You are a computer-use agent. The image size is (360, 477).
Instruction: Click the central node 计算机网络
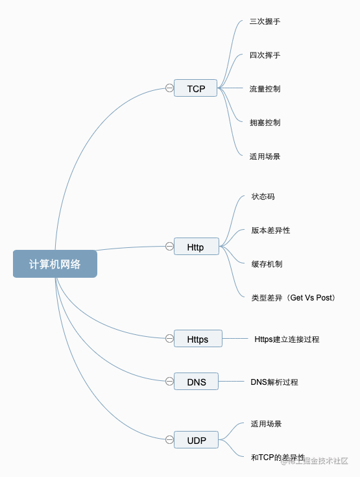point(55,263)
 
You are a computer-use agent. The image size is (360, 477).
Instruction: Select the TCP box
point(195,88)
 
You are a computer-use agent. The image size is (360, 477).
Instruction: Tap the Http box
point(197,247)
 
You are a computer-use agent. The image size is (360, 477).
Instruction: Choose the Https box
point(198,339)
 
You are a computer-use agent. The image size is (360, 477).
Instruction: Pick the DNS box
point(196,382)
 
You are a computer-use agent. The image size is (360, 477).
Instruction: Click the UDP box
point(196,440)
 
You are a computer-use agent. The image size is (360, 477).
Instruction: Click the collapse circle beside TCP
point(169,88)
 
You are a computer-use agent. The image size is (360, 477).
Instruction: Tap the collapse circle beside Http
point(169,247)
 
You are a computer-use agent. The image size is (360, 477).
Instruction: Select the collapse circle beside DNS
point(169,382)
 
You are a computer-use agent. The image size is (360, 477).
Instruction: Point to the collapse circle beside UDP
point(169,440)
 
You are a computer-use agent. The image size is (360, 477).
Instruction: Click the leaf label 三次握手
point(265,21)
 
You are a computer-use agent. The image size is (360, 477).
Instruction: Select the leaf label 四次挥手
point(265,55)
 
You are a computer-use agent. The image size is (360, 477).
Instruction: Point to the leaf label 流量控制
point(265,89)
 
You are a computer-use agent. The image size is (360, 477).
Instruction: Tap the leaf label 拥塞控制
point(265,123)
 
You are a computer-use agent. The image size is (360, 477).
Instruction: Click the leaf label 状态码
point(263,197)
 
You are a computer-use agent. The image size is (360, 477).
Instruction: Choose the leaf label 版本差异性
point(270,230)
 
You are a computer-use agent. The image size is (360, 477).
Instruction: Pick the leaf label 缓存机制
point(267,264)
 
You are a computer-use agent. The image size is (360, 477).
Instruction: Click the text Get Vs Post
point(311,297)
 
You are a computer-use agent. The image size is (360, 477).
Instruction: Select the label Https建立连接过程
point(287,339)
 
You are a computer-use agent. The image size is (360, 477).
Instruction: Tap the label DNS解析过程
point(274,382)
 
